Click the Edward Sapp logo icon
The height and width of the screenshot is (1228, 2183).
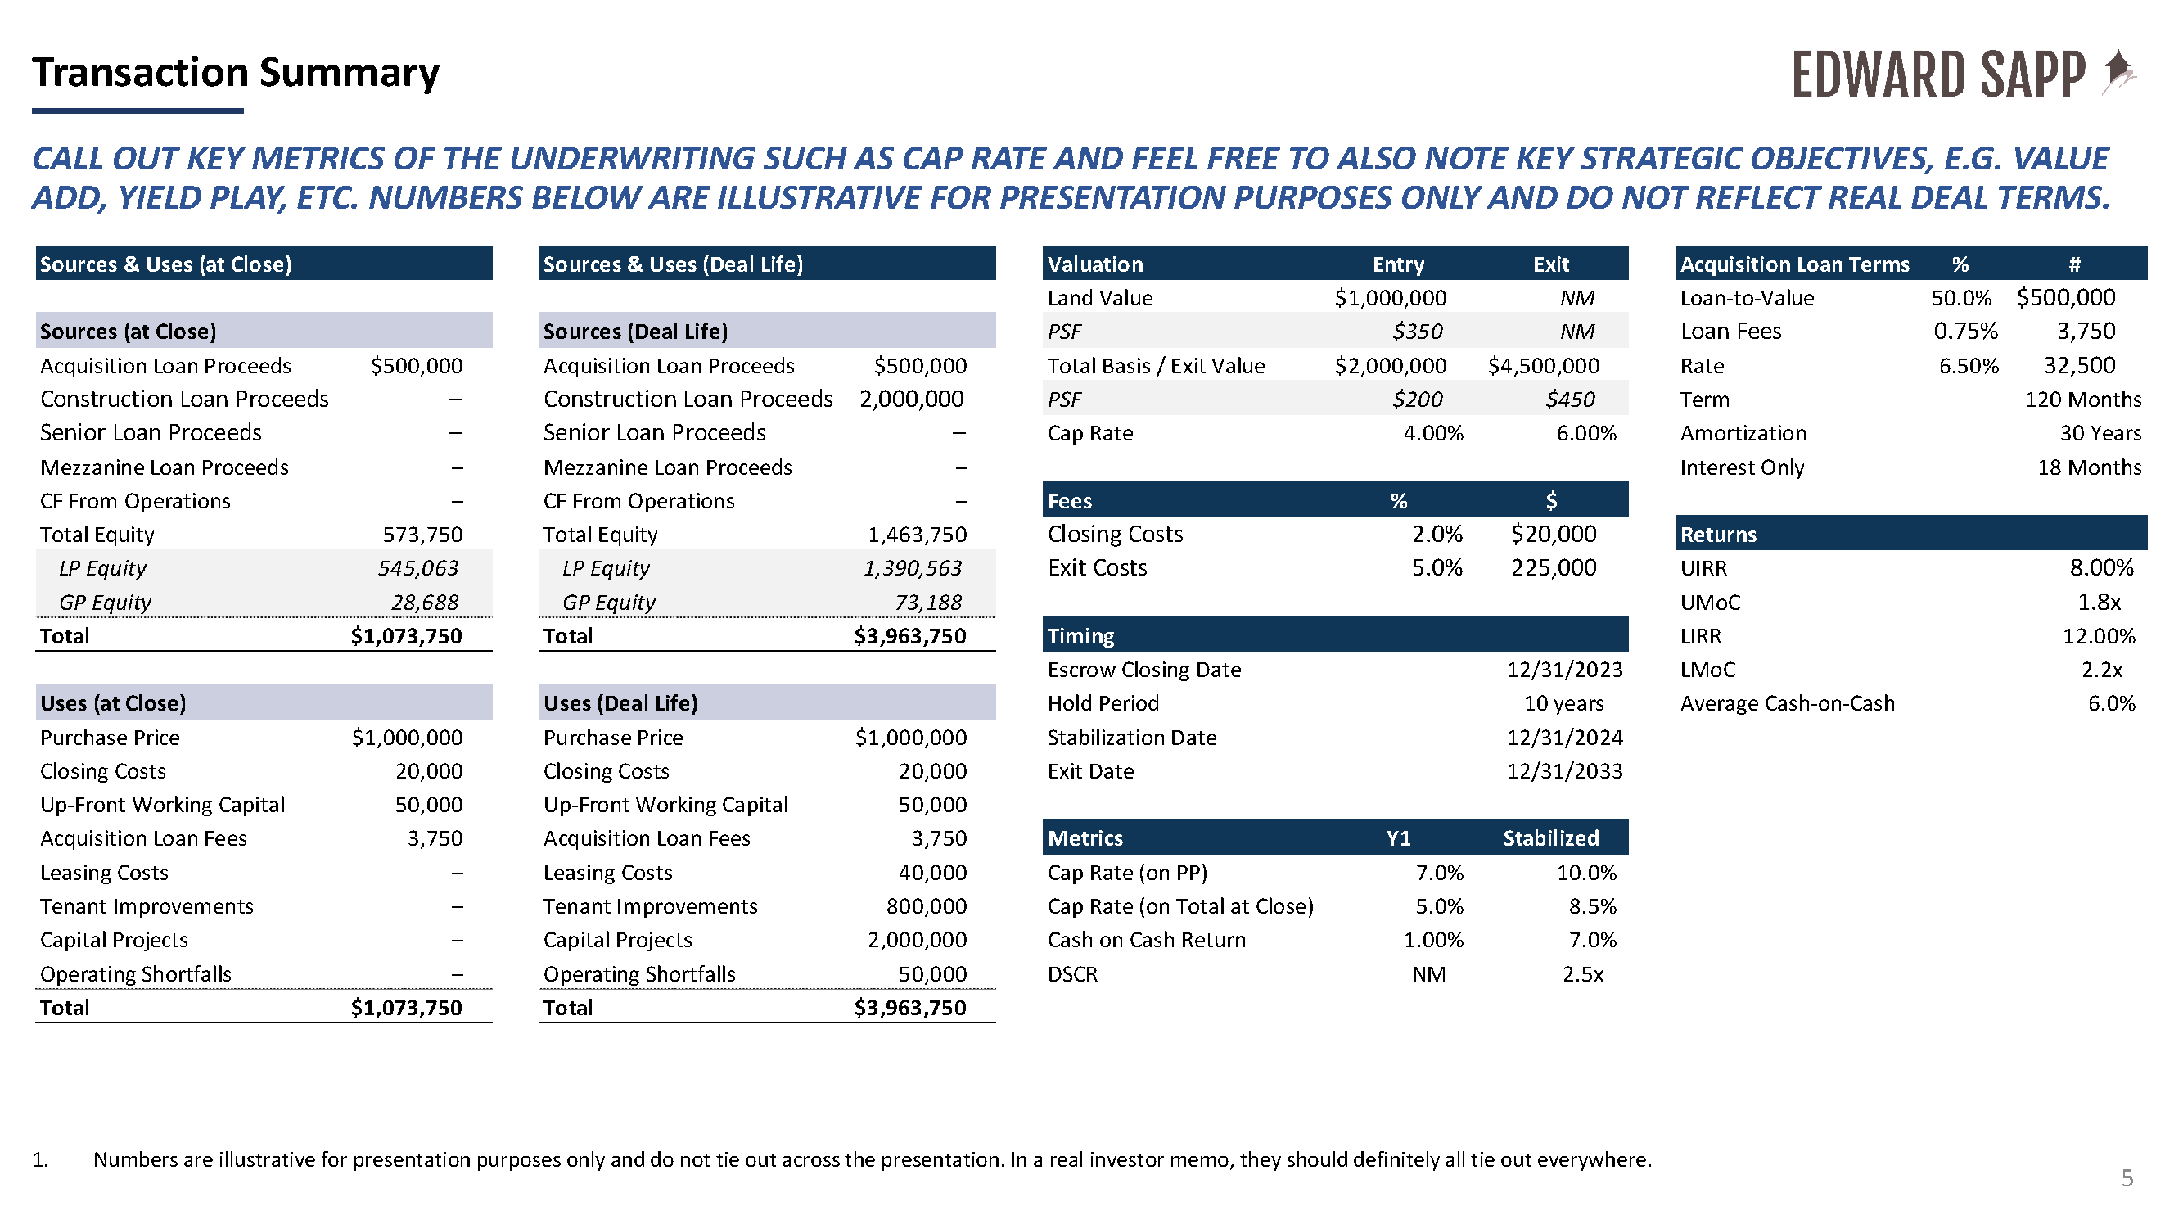tap(2120, 72)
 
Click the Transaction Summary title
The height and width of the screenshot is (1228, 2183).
tap(236, 72)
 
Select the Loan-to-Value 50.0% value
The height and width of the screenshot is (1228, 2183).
tap(1961, 297)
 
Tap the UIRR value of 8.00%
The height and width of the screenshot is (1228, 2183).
tap(2102, 568)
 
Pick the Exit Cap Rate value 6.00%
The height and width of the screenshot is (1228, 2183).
tap(1586, 433)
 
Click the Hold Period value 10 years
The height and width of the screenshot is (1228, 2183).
tap(1563, 703)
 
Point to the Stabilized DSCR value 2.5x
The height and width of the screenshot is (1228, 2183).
tap(1583, 973)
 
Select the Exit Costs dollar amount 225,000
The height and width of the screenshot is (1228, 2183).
tap(1554, 568)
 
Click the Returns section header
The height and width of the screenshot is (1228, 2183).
tap(1719, 535)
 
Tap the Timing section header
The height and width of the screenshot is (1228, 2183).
tap(1080, 635)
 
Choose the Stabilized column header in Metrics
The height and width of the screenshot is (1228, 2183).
tap(1551, 838)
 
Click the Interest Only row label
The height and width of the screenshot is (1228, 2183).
tap(1743, 467)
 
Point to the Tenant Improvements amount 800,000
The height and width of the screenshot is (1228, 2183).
tap(927, 906)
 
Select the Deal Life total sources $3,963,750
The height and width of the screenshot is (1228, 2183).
tap(909, 635)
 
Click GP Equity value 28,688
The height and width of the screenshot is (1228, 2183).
tap(425, 603)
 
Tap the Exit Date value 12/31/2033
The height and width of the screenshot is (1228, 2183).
tap(1564, 771)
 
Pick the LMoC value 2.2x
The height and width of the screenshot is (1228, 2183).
tap(2102, 670)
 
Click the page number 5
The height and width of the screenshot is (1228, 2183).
tap(2127, 1177)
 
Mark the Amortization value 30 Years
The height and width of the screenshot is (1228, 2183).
tap(2100, 433)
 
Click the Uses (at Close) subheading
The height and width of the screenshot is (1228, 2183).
tap(113, 703)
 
